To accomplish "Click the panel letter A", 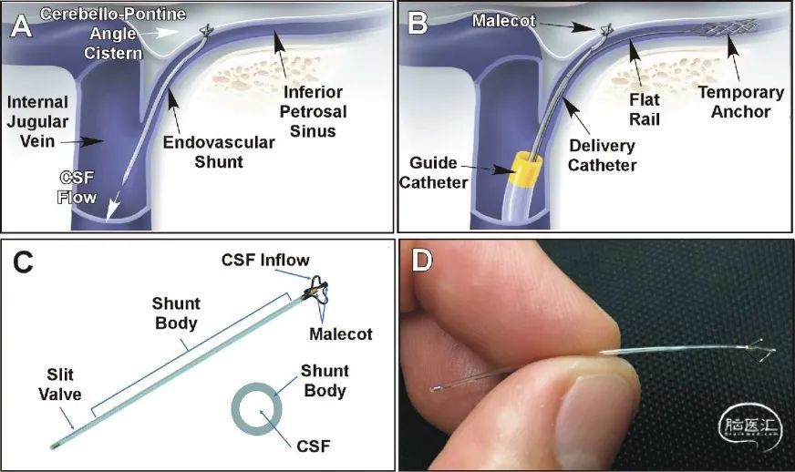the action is tap(21, 26).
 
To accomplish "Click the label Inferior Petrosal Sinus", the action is tap(313, 111).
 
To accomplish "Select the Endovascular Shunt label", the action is tap(219, 152).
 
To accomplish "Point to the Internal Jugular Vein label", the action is tap(37, 122).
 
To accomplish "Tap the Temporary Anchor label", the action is tap(740, 102).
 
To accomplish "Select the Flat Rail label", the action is tap(645, 109).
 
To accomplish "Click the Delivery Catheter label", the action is tap(602, 155).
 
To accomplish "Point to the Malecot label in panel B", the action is tap(503, 21).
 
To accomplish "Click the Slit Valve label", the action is tap(60, 385).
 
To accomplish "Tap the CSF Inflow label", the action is tap(265, 260).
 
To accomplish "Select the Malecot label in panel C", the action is tap(341, 334).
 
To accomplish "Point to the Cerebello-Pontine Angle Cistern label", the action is tap(113, 34).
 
